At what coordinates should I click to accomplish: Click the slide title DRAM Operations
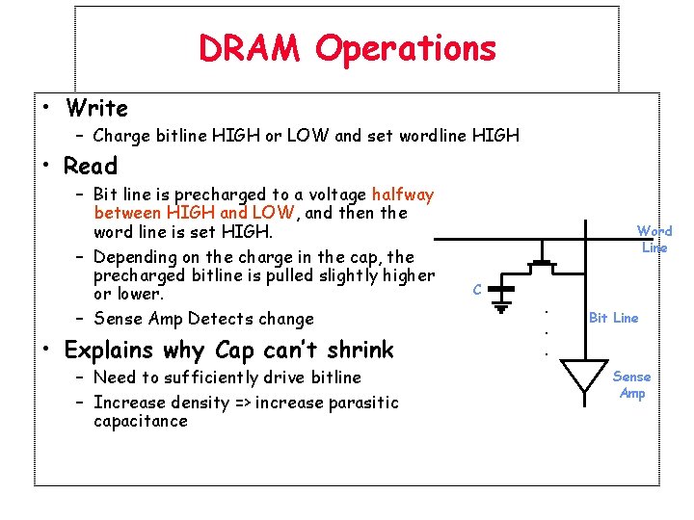point(347,48)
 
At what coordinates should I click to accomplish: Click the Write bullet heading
point(95,108)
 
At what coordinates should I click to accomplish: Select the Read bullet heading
point(91,166)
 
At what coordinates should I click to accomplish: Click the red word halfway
point(402,195)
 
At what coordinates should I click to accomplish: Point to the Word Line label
point(654,239)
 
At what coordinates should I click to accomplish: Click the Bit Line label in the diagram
point(613,318)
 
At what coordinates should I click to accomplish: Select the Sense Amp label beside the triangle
point(632,385)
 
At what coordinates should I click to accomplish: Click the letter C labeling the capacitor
point(477,288)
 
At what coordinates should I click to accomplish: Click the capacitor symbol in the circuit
point(502,288)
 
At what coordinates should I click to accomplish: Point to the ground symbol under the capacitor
point(502,307)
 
